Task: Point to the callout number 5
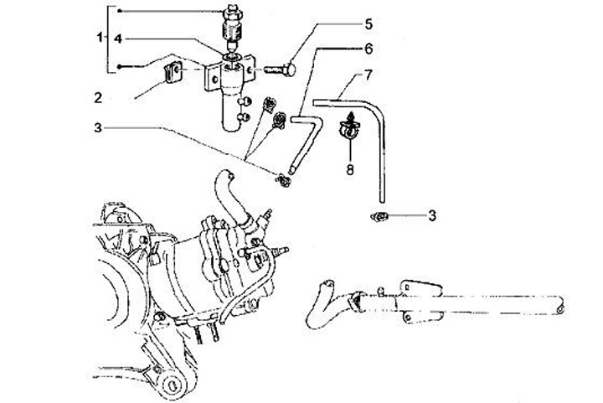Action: pyautogui.click(x=322, y=23)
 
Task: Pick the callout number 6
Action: pyautogui.click(x=322, y=50)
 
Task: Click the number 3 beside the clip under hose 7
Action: pyautogui.click(x=432, y=215)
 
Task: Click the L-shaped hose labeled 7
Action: pyautogui.click(x=379, y=142)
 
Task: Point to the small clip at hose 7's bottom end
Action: pyautogui.click(x=378, y=217)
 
